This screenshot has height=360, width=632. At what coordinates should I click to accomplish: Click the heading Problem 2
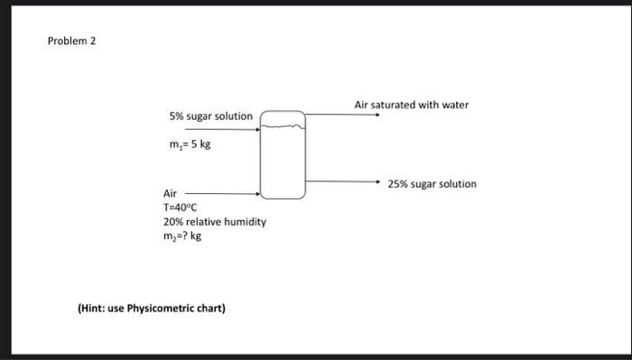pos(71,42)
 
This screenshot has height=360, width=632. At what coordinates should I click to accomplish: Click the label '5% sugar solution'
pos(210,116)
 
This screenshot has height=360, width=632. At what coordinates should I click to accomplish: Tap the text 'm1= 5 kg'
pos(190,143)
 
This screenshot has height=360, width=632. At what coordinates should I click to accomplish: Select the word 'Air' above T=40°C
pos(171,194)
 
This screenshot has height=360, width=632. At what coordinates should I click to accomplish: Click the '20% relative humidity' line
pos(214,222)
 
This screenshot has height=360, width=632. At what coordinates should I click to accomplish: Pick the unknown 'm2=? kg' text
pos(182,236)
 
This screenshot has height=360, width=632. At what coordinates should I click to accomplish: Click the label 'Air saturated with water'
pos(412,105)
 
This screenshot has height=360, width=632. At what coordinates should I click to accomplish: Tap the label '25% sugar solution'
pos(432,184)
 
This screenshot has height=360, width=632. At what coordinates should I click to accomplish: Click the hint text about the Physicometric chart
pos(152,309)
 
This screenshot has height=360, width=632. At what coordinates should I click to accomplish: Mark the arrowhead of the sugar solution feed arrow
pos(258,130)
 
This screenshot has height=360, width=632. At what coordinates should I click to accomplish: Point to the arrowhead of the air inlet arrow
pos(258,193)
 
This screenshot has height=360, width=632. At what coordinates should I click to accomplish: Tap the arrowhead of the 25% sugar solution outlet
pos(379,181)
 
